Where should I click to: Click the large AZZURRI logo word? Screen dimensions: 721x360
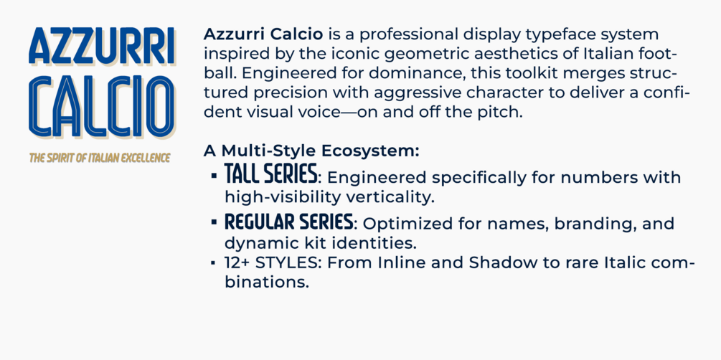point(102,47)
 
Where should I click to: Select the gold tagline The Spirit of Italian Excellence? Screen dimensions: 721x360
point(100,158)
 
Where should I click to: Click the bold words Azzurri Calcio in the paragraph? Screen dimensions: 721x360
point(264,34)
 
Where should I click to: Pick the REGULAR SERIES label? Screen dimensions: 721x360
point(288,222)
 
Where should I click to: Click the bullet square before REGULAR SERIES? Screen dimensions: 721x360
point(214,222)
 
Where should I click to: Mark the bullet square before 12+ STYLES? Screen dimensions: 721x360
point(213,263)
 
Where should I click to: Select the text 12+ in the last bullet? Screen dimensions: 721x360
point(237,262)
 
